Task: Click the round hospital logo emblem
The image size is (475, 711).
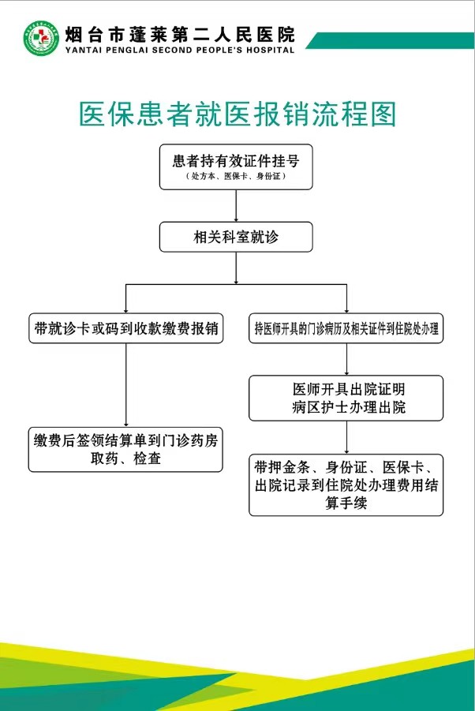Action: (x=41, y=39)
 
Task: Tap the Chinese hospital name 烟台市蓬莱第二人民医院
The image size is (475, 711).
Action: (x=180, y=35)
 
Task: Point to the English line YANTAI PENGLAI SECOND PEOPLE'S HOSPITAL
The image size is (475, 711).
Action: (x=180, y=50)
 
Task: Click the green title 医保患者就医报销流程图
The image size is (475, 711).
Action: (x=238, y=114)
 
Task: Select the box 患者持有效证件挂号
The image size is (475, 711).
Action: (x=236, y=167)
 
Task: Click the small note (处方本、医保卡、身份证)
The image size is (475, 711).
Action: (x=236, y=177)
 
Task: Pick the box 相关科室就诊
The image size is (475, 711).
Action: (x=236, y=237)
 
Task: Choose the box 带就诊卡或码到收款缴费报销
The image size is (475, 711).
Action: (x=126, y=328)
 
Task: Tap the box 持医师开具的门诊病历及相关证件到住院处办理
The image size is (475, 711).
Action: (x=346, y=328)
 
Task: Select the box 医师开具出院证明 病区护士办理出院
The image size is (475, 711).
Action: (x=346, y=399)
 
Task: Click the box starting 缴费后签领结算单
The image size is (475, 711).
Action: (x=125, y=449)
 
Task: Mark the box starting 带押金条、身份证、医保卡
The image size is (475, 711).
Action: (x=346, y=485)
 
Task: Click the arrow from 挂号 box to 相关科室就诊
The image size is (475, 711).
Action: (x=236, y=205)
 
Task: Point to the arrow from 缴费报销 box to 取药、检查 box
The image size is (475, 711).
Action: (x=126, y=385)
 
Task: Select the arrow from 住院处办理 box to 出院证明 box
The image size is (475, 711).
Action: (x=346, y=359)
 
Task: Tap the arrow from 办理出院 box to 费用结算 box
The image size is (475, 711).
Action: (x=346, y=437)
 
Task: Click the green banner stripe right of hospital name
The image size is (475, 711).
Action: (x=391, y=40)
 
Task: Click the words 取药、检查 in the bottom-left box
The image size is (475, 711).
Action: (x=125, y=458)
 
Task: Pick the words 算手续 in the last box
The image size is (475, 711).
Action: (x=346, y=503)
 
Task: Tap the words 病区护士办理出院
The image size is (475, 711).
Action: (x=349, y=407)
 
